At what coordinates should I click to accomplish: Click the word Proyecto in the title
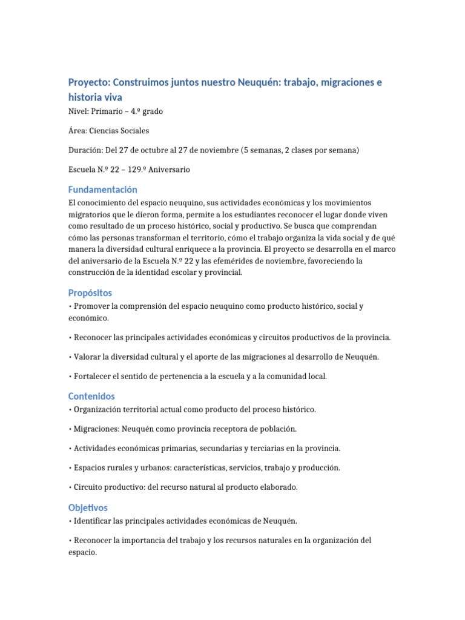pos(89,82)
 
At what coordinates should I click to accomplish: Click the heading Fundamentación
pos(103,190)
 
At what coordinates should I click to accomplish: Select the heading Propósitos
pos(90,292)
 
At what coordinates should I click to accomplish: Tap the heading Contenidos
pos(91,396)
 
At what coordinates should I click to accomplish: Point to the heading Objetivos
pos(88,507)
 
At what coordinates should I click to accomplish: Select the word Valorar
pos(87,357)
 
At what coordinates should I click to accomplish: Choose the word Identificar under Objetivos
pos(93,521)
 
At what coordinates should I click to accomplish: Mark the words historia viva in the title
pos(97,97)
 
